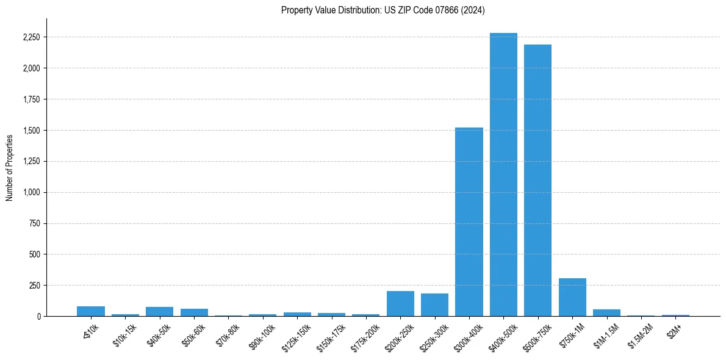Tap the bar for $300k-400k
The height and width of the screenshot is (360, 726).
coord(469,222)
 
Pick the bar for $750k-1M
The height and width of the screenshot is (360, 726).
coord(572,298)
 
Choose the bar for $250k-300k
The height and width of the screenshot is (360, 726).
coord(434,305)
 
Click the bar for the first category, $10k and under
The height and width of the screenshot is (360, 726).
coord(91,311)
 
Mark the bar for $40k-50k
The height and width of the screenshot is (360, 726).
coord(159,312)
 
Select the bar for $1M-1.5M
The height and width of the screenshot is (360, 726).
coord(606,313)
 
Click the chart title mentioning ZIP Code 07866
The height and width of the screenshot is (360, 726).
coord(383,10)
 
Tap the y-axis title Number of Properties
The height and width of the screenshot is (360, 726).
coord(10,167)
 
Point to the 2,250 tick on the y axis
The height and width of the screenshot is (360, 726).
coord(31,37)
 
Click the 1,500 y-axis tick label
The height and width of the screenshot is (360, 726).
coord(31,131)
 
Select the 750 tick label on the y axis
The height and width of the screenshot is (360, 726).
coord(35,224)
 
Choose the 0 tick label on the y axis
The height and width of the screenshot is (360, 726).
coord(38,317)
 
